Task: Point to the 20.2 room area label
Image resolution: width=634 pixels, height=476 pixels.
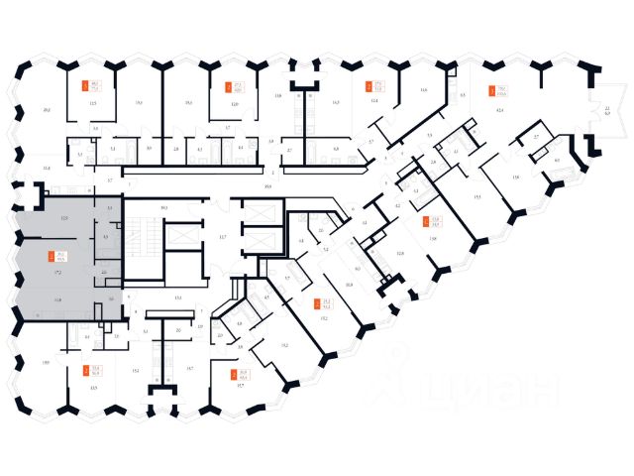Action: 47,109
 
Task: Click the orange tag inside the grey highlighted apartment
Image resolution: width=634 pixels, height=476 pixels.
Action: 44,257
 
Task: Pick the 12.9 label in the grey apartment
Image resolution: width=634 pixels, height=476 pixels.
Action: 63,216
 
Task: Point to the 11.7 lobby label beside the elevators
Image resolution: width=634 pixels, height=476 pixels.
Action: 223,237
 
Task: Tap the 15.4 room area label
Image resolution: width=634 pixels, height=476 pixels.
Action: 135,370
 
